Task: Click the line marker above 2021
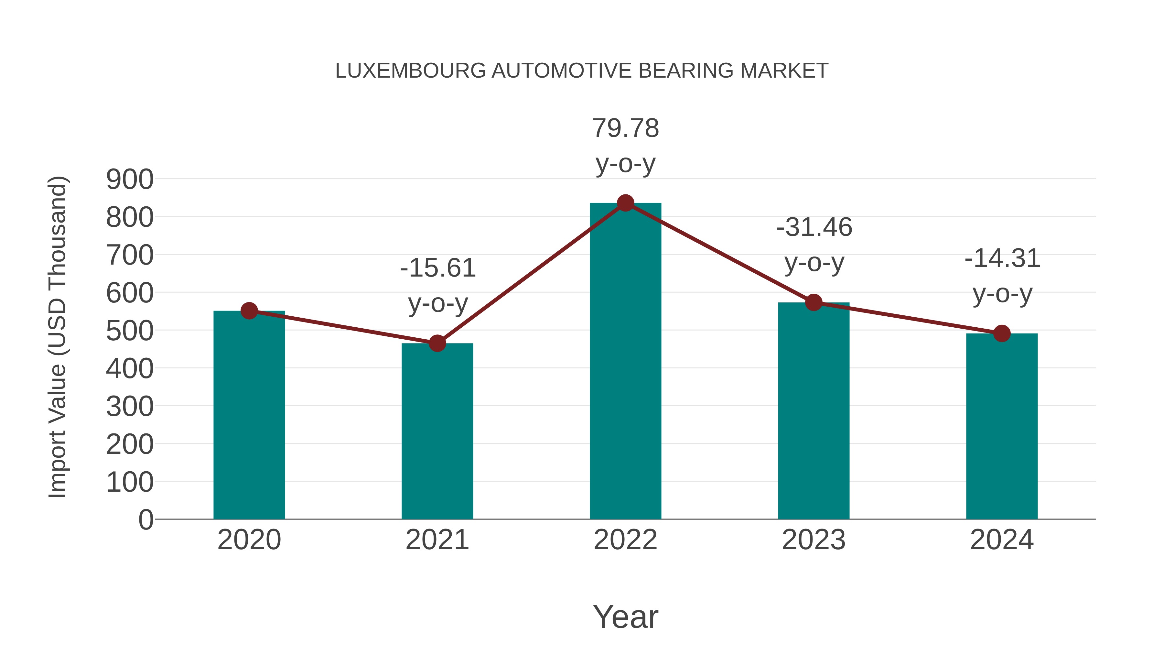click(437, 344)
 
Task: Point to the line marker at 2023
click(814, 302)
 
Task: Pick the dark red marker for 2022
click(625, 203)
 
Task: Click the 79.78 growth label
click(625, 128)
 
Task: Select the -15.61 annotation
click(438, 268)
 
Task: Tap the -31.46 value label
click(814, 227)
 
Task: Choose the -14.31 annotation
click(1002, 259)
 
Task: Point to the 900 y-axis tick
click(130, 180)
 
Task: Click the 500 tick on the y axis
click(130, 331)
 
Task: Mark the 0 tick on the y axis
click(145, 520)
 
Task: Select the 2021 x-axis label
click(437, 540)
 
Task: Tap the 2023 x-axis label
click(814, 540)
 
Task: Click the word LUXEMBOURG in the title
click(410, 71)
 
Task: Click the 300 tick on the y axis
click(130, 407)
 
